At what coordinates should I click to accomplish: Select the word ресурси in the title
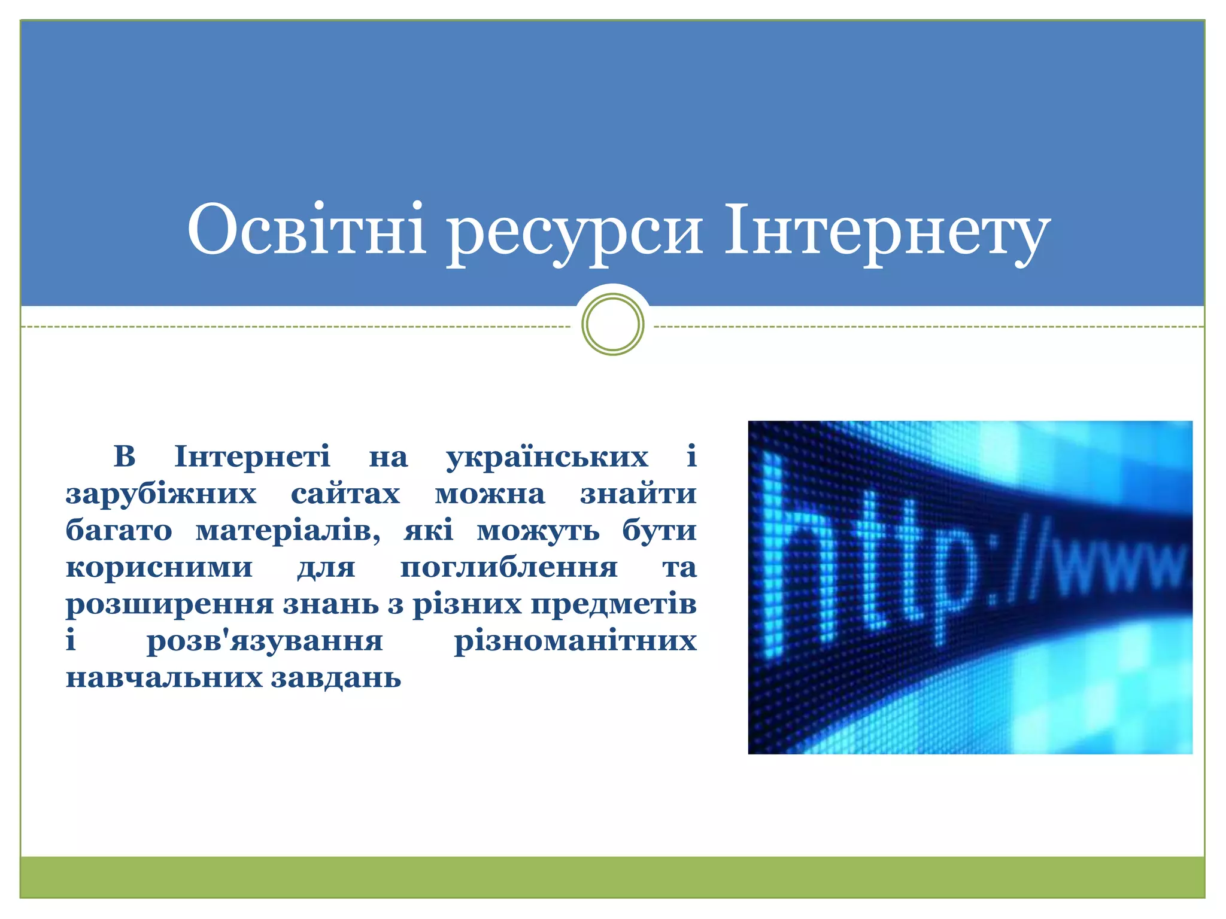point(575,233)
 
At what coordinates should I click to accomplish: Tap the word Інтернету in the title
point(887,232)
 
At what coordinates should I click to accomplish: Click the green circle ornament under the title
point(612,324)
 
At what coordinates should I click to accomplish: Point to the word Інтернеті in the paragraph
point(252,457)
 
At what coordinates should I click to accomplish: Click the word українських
point(547,457)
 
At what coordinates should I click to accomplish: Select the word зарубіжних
point(161,494)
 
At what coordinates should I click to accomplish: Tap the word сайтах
point(345,494)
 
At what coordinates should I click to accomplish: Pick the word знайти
point(638,494)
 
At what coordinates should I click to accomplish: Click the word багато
point(119,531)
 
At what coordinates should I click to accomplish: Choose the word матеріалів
point(288,531)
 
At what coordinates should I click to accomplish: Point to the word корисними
point(159,568)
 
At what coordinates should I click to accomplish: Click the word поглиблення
point(509,568)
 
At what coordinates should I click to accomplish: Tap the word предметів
point(614,604)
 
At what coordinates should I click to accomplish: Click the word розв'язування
point(265,641)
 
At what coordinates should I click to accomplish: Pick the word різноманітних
point(575,641)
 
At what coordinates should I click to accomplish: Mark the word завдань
point(336,678)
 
